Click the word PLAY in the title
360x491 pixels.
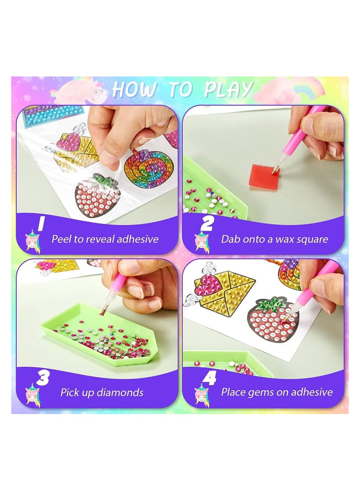[228, 90]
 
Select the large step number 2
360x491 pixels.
[208, 223]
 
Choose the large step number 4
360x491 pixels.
[210, 378]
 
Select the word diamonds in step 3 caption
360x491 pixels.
[121, 392]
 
